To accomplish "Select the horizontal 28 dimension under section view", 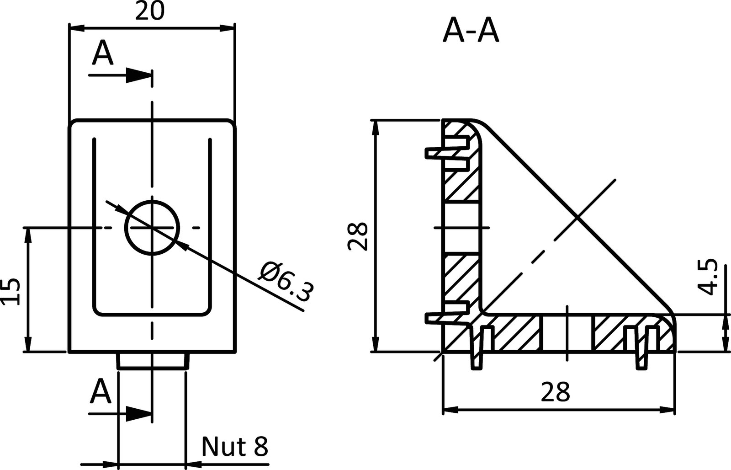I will (x=555, y=391).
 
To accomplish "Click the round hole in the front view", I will (x=153, y=227).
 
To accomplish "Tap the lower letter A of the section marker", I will (x=101, y=392).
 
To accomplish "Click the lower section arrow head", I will (x=138, y=414).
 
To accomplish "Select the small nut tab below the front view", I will (x=152, y=361).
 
